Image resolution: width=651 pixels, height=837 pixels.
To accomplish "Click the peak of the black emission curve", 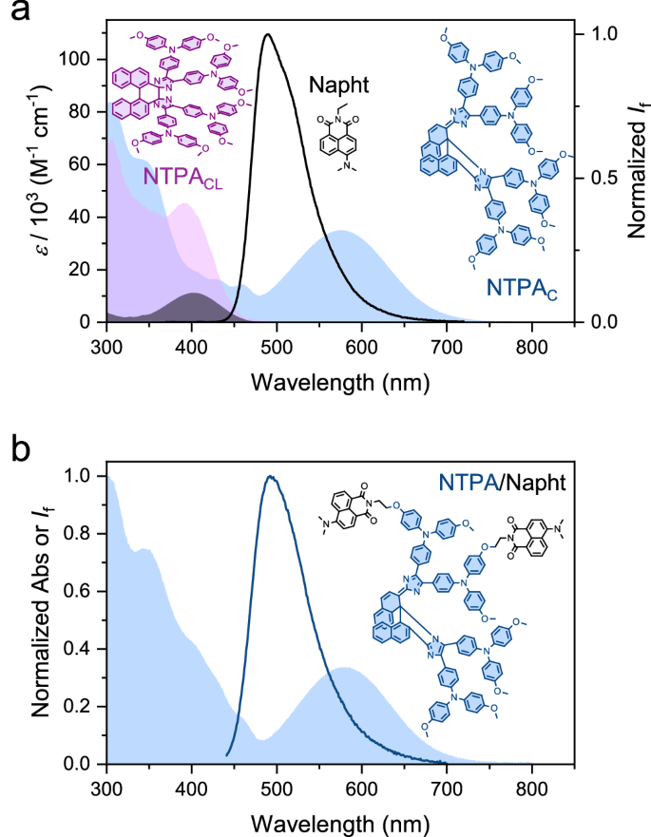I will [268, 35].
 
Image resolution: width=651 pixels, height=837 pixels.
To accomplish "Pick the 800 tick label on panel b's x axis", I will [531, 786].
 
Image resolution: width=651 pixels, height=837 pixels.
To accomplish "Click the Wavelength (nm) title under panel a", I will [339, 383].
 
